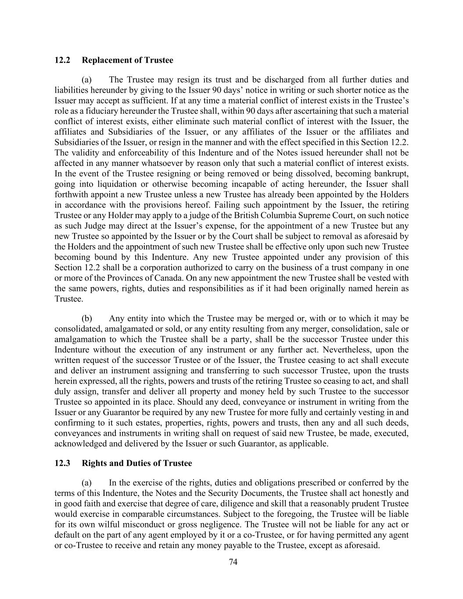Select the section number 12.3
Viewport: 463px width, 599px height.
[x=62, y=463]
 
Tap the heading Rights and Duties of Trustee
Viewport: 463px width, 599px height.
[x=137, y=463]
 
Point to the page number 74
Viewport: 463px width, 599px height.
[x=233, y=563]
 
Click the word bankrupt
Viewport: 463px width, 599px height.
[x=391, y=173]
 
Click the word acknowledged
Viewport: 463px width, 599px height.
[x=78, y=444]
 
